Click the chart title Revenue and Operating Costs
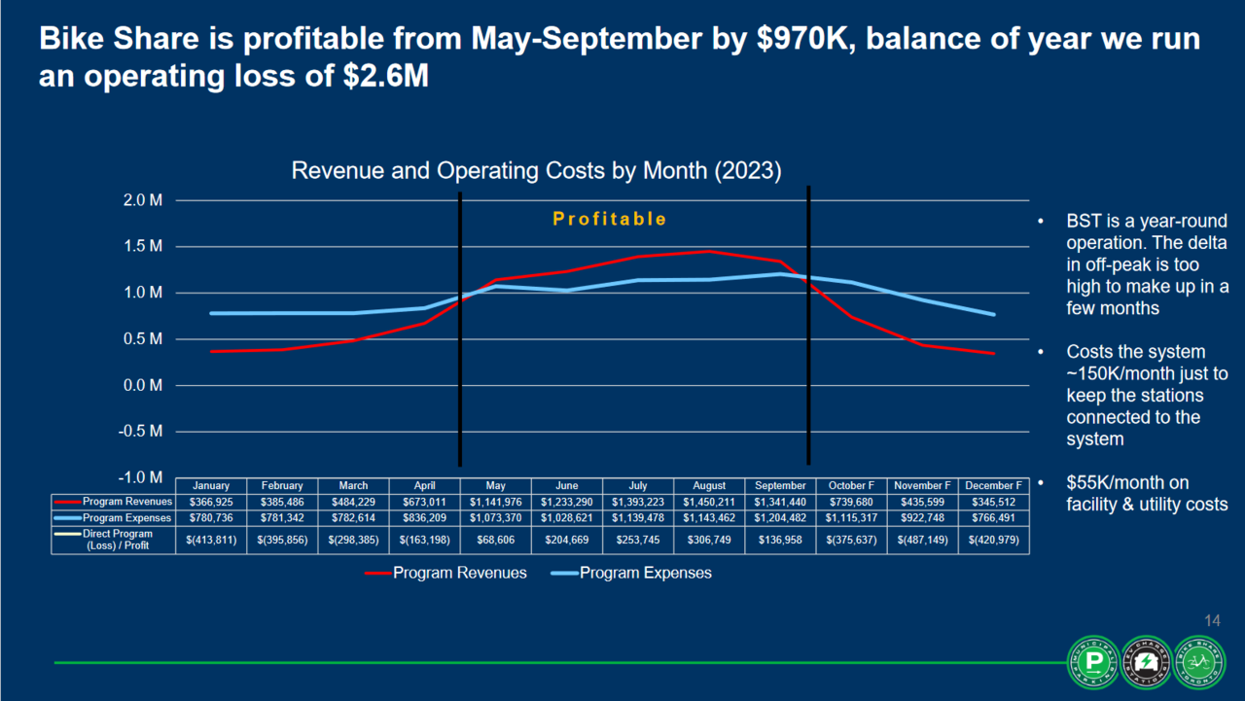(536, 171)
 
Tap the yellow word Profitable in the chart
(610, 219)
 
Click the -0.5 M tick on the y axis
(141, 432)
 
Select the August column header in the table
(709, 485)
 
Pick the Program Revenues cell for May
(496, 502)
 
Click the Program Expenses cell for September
(780, 518)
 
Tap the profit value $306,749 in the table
(709, 540)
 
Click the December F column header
(993, 485)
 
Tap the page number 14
(1212, 621)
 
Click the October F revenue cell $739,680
(851, 502)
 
